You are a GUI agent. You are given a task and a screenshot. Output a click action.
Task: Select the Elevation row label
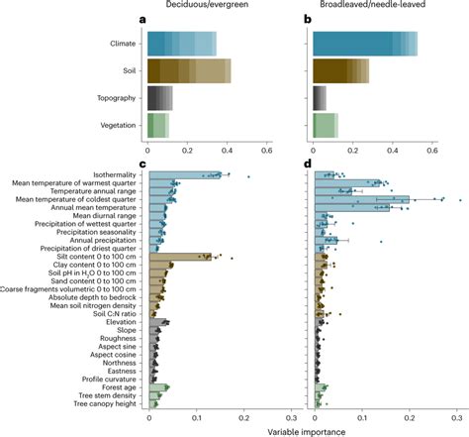tap(123, 321)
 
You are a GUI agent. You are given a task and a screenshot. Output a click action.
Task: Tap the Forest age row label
tap(120, 386)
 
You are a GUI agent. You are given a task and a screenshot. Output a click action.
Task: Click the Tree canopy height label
tap(107, 404)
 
